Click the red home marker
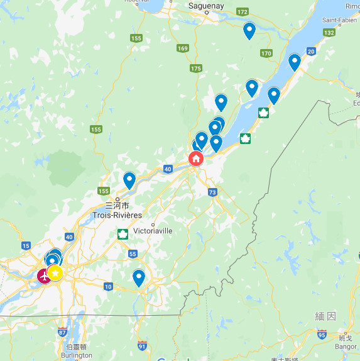click(x=196, y=158)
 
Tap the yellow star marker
click(x=55, y=273)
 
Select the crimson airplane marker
click(x=44, y=275)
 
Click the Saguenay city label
click(x=206, y=6)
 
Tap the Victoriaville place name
click(x=153, y=231)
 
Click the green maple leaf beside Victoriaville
click(x=123, y=235)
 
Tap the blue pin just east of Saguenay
click(x=249, y=30)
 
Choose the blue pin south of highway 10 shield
click(x=139, y=277)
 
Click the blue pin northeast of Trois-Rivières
click(x=129, y=180)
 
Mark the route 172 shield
click(x=243, y=12)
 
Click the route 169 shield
click(x=183, y=48)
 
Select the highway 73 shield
click(x=213, y=192)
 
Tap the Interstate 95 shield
click(x=322, y=335)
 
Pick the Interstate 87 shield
click(x=62, y=332)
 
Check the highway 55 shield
click(x=133, y=253)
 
